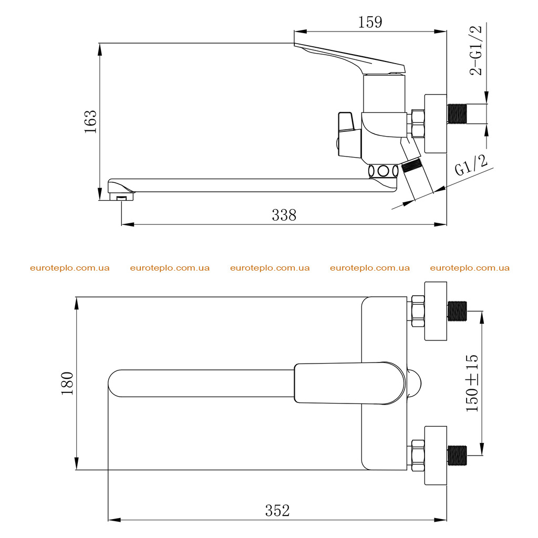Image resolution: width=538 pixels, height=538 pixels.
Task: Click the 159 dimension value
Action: [x=370, y=22]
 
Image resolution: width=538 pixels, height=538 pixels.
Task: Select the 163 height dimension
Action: [x=91, y=121]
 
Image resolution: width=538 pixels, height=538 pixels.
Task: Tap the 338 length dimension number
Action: [x=284, y=215]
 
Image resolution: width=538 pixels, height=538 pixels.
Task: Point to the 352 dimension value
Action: [x=277, y=511]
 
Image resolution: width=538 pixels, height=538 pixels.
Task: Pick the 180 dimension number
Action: [x=67, y=383]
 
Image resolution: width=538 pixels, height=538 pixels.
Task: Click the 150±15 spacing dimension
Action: [x=472, y=383]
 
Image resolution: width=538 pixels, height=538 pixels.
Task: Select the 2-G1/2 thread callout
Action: [x=476, y=50]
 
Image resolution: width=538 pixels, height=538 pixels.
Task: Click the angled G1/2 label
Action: [x=471, y=165]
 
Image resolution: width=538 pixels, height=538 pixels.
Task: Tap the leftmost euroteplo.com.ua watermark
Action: [x=70, y=268]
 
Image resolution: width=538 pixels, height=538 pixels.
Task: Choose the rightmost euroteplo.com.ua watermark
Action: [x=470, y=268]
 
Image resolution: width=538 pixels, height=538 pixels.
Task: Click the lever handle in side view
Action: [x=350, y=58]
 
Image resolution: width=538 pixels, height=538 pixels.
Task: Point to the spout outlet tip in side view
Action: [x=122, y=197]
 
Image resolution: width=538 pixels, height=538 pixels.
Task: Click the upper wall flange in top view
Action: [x=436, y=311]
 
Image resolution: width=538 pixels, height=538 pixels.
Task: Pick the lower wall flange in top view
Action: [x=436, y=456]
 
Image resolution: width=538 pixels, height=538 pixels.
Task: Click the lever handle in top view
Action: [x=350, y=382]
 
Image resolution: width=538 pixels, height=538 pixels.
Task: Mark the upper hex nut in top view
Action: [x=418, y=311]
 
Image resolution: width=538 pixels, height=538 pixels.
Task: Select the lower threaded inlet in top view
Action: [x=458, y=456]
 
